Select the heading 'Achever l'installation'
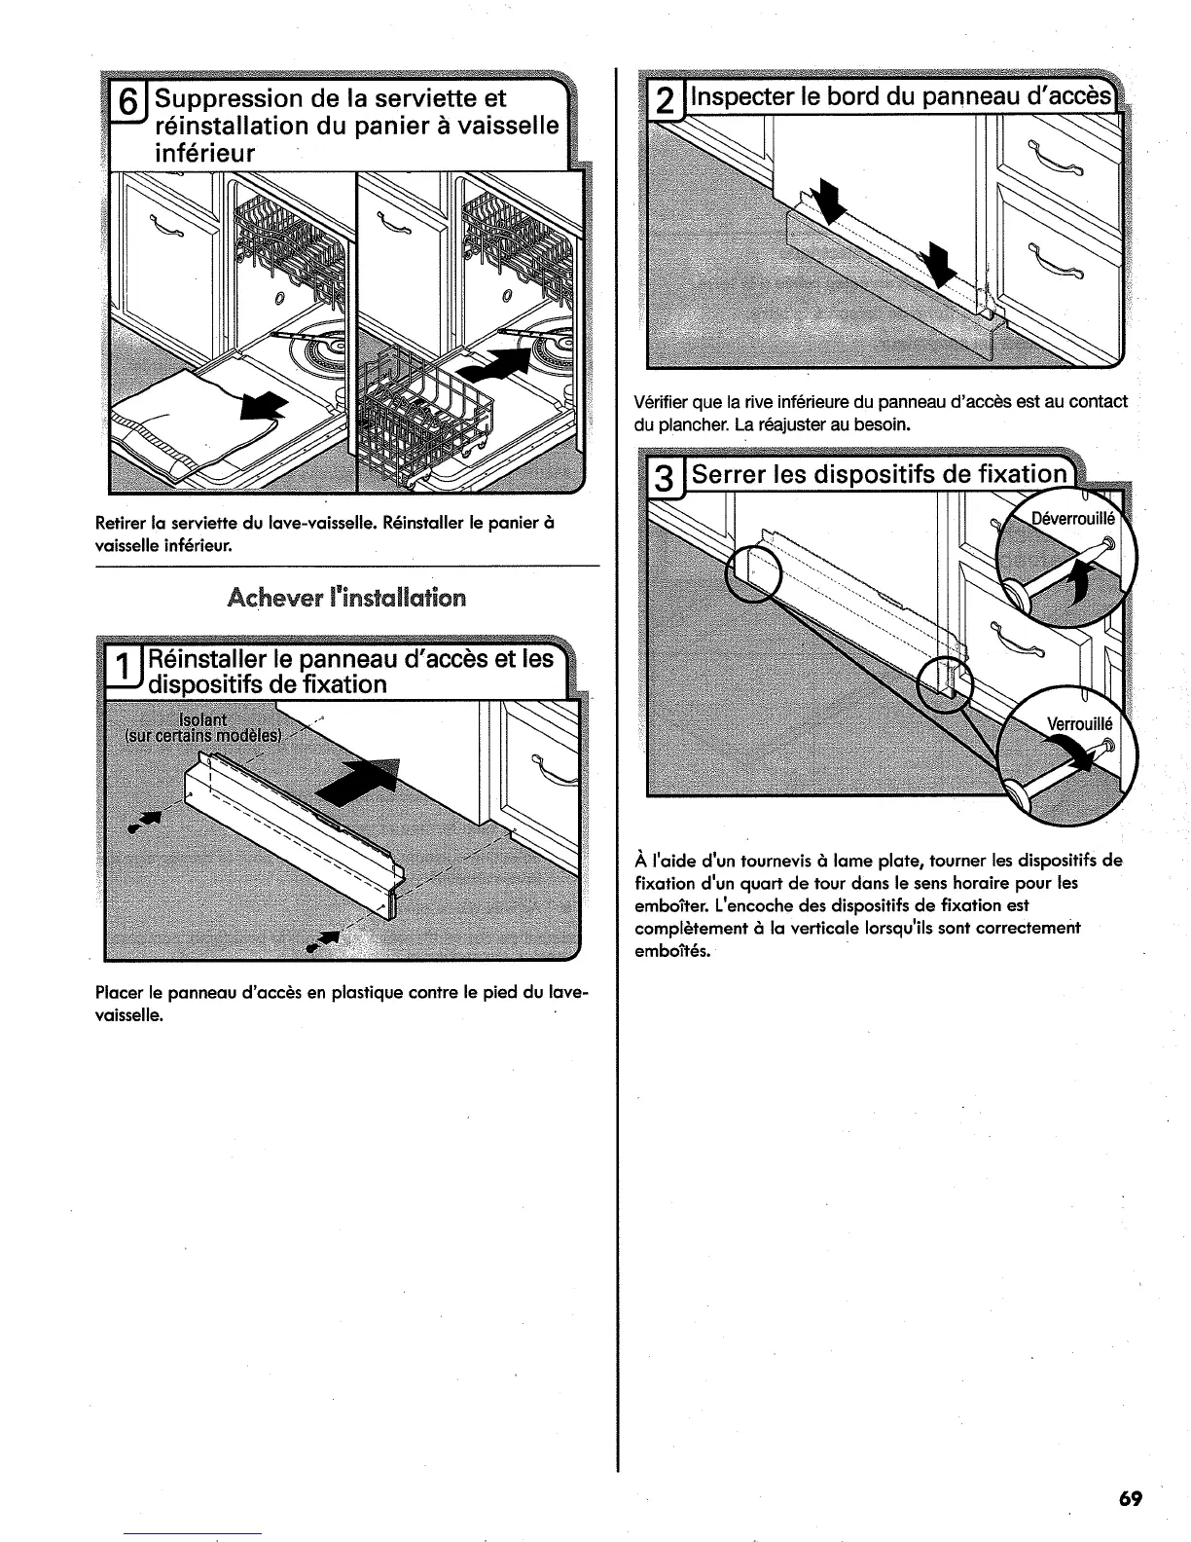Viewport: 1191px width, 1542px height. tap(346, 597)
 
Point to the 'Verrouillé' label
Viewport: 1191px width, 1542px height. tap(1078, 723)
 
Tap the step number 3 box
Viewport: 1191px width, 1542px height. tap(663, 480)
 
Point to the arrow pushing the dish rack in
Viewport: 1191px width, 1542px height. tap(497, 358)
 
